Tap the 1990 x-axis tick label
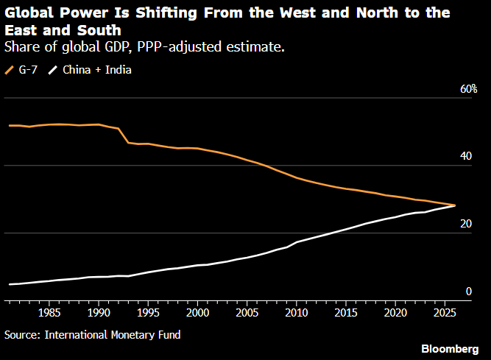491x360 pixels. tap(99, 312)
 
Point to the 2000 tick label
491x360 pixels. tap(197, 312)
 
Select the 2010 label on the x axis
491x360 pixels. tap(296, 312)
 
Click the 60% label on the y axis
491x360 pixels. tap(469, 89)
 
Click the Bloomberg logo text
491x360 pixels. tap(452, 347)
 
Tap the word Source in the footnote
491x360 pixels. tap(21, 334)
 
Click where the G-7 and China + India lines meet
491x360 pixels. tap(454, 205)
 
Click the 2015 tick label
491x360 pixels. tap(345, 312)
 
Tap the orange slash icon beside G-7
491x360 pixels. tap(10, 70)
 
